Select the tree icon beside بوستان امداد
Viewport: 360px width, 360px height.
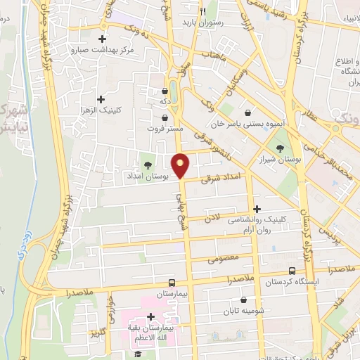[x=148, y=165]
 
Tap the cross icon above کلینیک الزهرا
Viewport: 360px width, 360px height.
[x=101, y=100]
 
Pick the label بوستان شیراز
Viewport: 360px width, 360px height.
[x=281, y=160]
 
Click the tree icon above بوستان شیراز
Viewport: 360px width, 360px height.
[x=281, y=148]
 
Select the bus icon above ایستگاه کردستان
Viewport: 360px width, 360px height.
[x=292, y=271]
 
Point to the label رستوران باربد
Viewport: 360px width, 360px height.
[x=202, y=22]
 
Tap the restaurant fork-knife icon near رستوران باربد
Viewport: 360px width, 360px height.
[x=202, y=11]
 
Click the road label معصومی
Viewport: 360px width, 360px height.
[x=224, y=259]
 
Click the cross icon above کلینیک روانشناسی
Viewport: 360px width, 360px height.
[x=257, y=209]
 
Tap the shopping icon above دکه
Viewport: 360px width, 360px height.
[x=165, y=90]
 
